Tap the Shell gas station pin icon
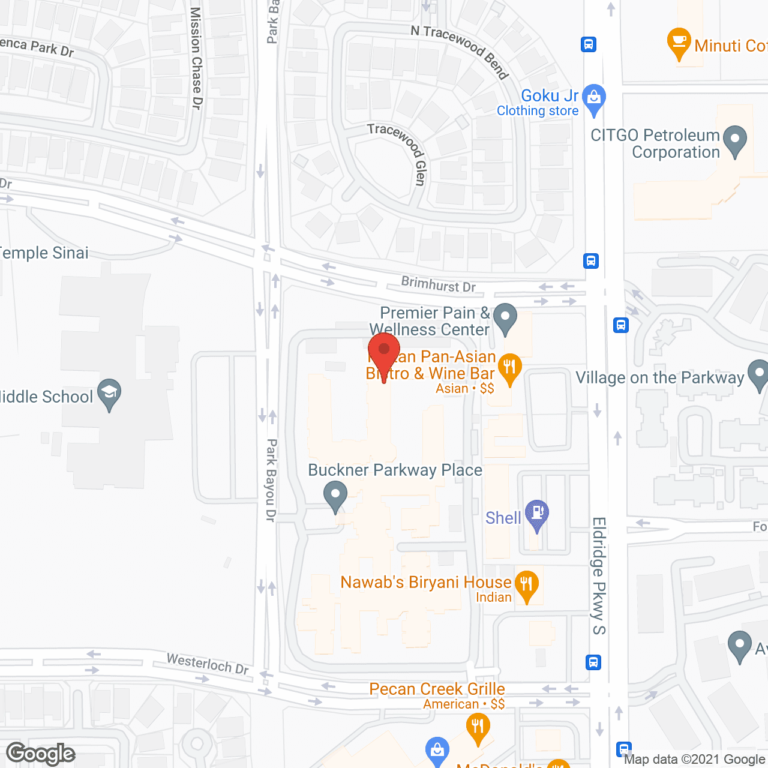(x=537, y=514)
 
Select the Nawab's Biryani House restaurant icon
(x=526, y=585)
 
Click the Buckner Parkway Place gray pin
(x=335, y=497)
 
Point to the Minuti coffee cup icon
(x=679, y=43)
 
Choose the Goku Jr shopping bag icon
(x=594, y=98)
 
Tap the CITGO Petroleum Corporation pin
(x=735, y=140)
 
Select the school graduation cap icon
(x=109, y=394)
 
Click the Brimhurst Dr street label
(x=438, y=284)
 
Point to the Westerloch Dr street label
(x=207, y=664)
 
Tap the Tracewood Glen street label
(x=400, y=152)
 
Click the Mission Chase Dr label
(x=196, y=58)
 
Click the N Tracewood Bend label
(x=460, y=50)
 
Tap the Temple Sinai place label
(x=43, y=253)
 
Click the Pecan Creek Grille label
(x=437, y=689)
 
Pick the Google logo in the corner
(x=41, y=754)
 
